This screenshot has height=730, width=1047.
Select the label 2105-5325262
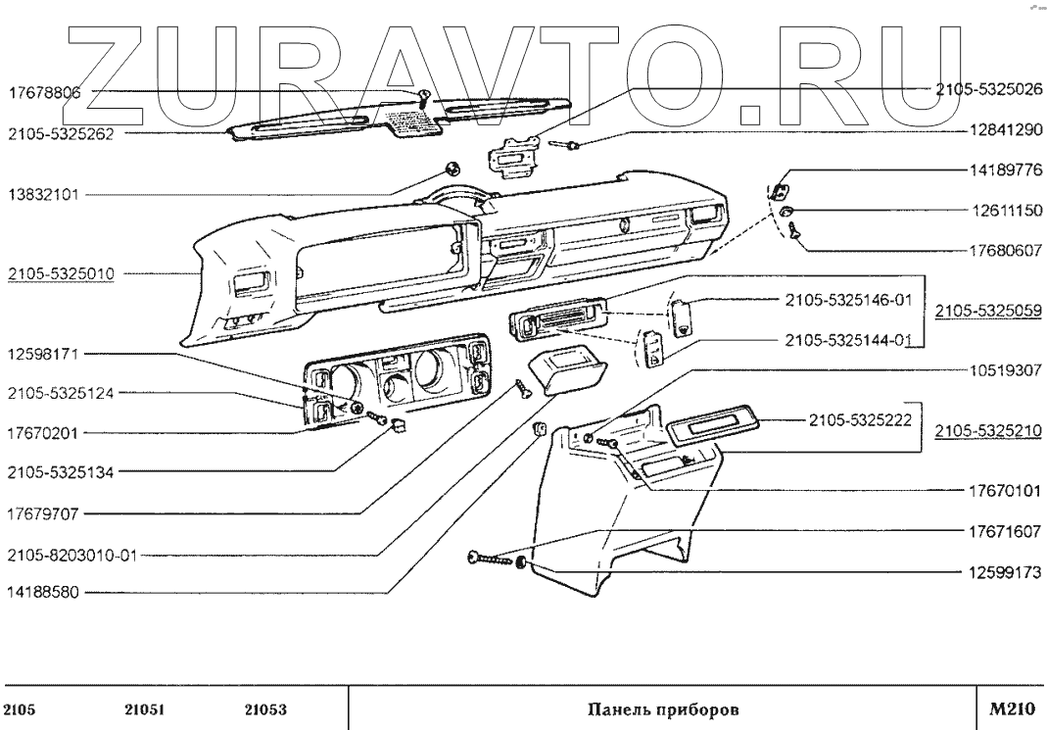click(61, 134)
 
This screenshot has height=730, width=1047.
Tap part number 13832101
click(48, 195)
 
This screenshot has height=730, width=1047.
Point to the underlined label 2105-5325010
click(61, 274)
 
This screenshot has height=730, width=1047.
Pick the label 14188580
click(48, 593)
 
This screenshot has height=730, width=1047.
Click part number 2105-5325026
click(985, 88)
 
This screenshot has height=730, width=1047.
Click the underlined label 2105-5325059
click(987, 311)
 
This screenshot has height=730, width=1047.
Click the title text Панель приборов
click(663, 707)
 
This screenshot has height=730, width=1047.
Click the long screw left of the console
click(493, 560)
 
